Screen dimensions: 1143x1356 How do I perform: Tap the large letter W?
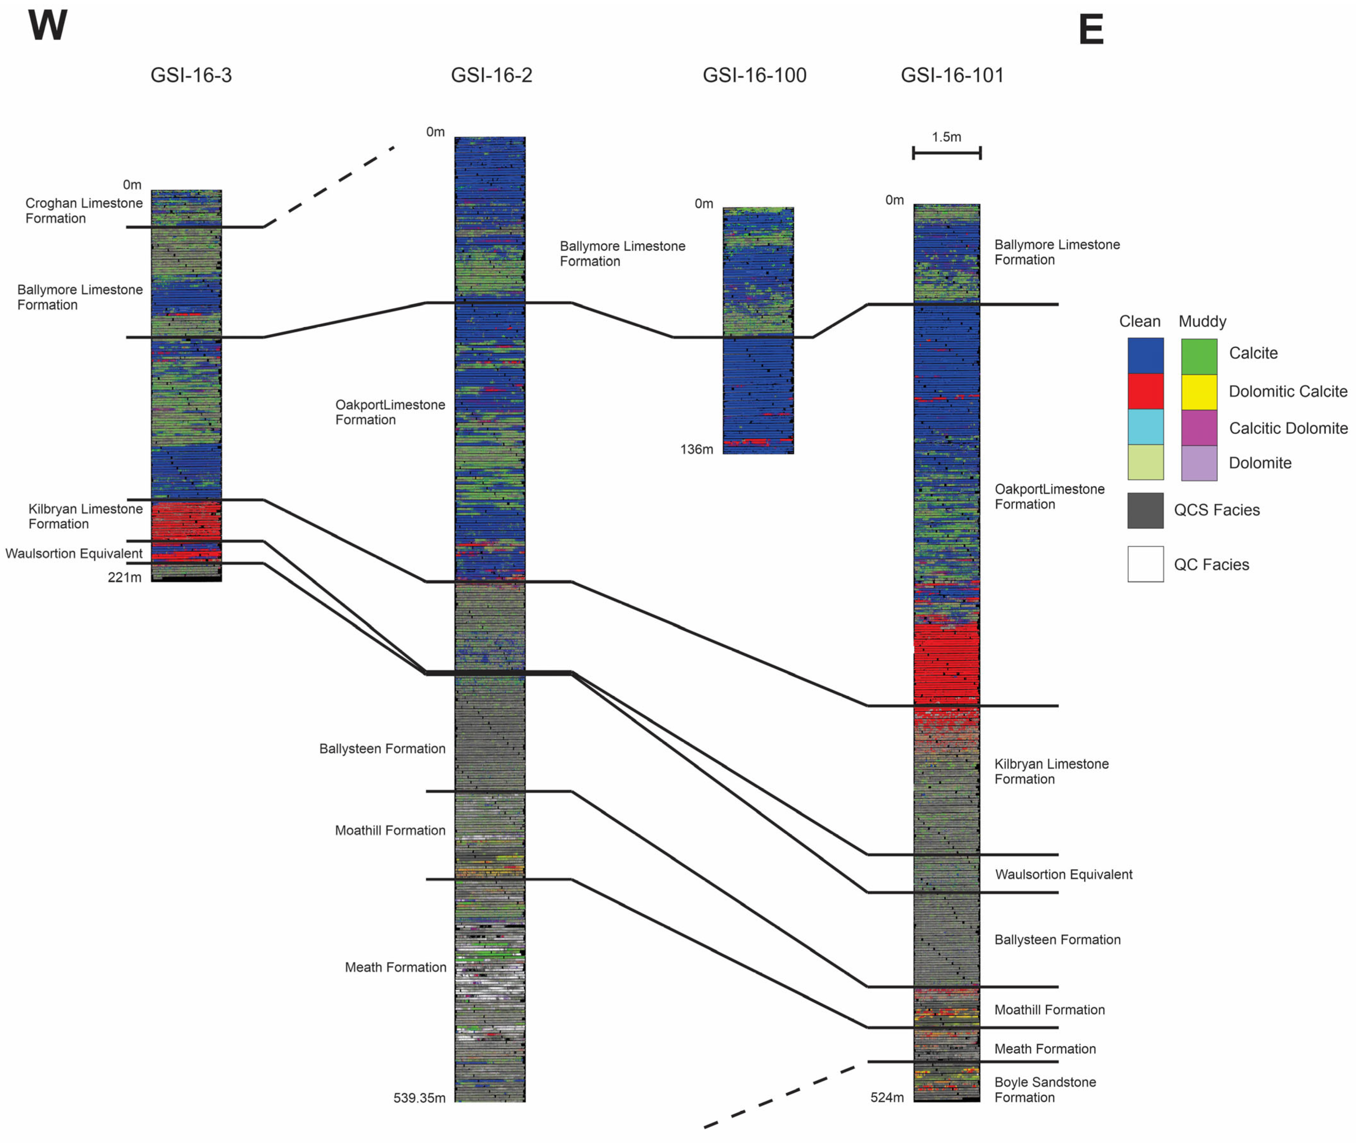pyautogui.click(x=47, y=26)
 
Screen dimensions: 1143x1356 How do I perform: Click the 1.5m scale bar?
pyautogui.click(x=947, y=153)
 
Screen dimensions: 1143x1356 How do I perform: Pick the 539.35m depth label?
pyautogui.click(x=419, y=1098)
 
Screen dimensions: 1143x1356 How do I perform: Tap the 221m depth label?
pyautogui.click(x=124, y=577)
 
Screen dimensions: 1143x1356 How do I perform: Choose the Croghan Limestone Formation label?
pyautogui.click(x=83, y=211)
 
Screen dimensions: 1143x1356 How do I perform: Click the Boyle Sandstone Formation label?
pyautogui.click(x=1045, y=1089)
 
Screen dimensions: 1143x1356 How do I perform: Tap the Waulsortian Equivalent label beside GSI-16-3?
pyautogui.click(x=74, y=553)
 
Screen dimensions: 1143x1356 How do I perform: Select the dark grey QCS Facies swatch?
pyautogui.click(x=1145, y=510)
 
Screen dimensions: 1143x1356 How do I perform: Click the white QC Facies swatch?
pyautogui.click(x=1145, y=564)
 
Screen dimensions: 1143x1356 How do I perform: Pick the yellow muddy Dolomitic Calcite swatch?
pyautogui.click(x=1199, y=391)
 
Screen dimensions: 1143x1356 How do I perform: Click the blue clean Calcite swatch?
pyautogui.click(x=1145, y=355)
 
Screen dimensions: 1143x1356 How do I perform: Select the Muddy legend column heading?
pyautogui.click(x=1203, y=321)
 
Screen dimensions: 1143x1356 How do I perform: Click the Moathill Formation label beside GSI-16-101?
pyautogui.click(x=1049, y=1010)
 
